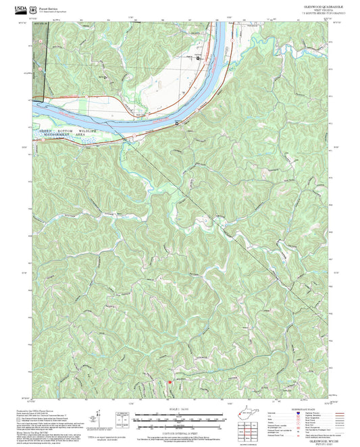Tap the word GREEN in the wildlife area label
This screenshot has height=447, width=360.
[x=45, y=130]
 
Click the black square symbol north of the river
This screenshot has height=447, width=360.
[x=198, y=59]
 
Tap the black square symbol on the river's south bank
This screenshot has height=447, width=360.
[x=177, y=124]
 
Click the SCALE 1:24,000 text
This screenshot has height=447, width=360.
[x=180, y=409]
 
